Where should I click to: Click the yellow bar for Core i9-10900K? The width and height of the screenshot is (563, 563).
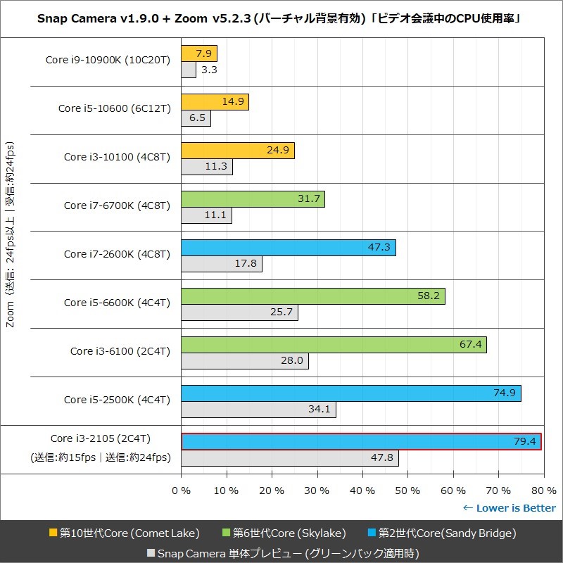point(199,53)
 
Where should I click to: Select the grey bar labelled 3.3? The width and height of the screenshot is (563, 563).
point(189,70)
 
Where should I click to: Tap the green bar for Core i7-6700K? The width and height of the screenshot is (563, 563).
point(253,199)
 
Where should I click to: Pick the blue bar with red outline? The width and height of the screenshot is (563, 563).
point(361,441)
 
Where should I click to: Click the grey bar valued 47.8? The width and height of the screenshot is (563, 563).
point(290,458)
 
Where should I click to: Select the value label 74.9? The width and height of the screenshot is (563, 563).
point(505,393)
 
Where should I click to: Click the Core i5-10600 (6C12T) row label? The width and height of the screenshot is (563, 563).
point(114,108)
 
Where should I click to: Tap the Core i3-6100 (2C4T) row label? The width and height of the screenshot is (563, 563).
point(120,350)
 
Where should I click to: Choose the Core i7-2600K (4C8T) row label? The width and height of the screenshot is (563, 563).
point(117,254)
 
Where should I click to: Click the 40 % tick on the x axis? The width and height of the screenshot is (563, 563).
point(362,490)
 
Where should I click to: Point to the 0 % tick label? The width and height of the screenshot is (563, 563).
point(182,490)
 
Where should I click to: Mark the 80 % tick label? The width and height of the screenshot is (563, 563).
point(543,490)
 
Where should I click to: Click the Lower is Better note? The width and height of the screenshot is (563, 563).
point(510,508)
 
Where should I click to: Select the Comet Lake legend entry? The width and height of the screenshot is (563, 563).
point(124,533)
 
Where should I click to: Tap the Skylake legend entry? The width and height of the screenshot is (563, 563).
point(298,533)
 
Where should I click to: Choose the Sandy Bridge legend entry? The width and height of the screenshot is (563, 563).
point(441,533)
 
